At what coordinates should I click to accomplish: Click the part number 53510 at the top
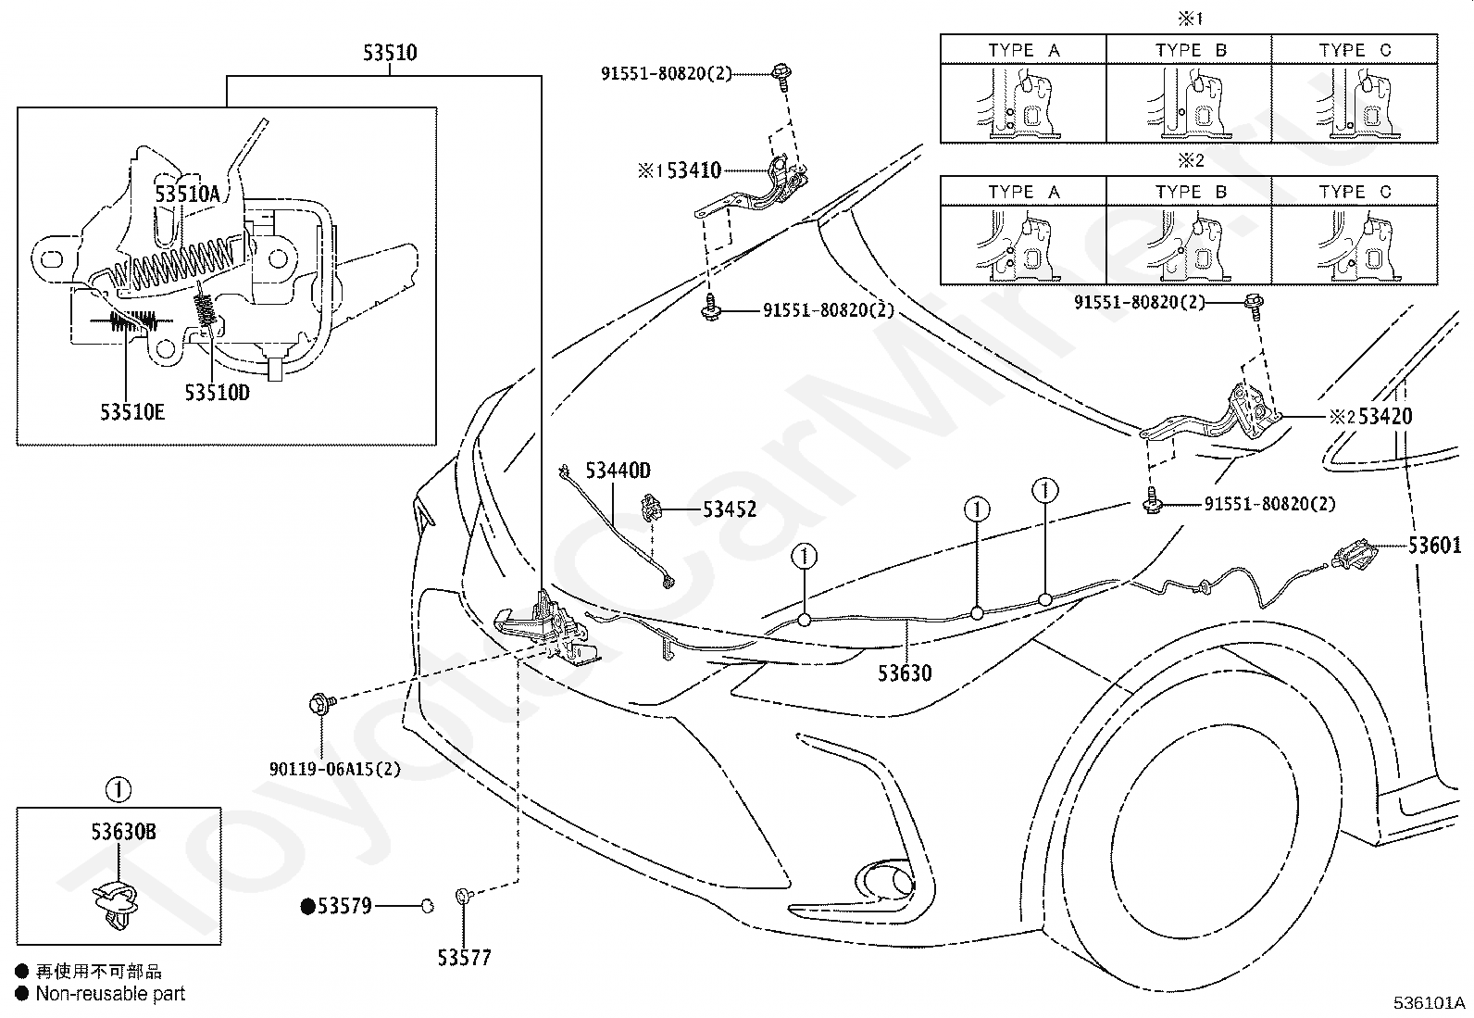pos(390,53)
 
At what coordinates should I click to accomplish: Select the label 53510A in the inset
pos(187,194)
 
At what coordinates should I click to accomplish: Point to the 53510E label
pos(132,412)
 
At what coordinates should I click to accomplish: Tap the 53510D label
pos(218,393)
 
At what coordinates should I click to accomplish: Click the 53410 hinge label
pos(694,170)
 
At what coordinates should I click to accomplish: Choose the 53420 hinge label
pos(1385,416)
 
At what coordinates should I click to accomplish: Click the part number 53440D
pos(618,471)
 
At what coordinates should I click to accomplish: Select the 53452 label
pos(730,509)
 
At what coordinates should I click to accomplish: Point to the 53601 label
pos(1434,546)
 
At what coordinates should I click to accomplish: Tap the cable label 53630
pos(905,673)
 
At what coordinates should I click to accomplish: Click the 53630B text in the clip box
pos(124,832)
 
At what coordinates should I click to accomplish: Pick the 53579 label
pos(344,906)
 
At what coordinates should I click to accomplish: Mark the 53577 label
pos(465,958)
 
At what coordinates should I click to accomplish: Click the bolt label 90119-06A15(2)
pos(335,769)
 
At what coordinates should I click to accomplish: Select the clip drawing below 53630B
pos(116,903)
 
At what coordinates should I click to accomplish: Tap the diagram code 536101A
pos(1429,1003)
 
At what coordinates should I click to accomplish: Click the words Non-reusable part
pos(110,994)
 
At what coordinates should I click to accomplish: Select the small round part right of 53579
pos(428,907)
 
